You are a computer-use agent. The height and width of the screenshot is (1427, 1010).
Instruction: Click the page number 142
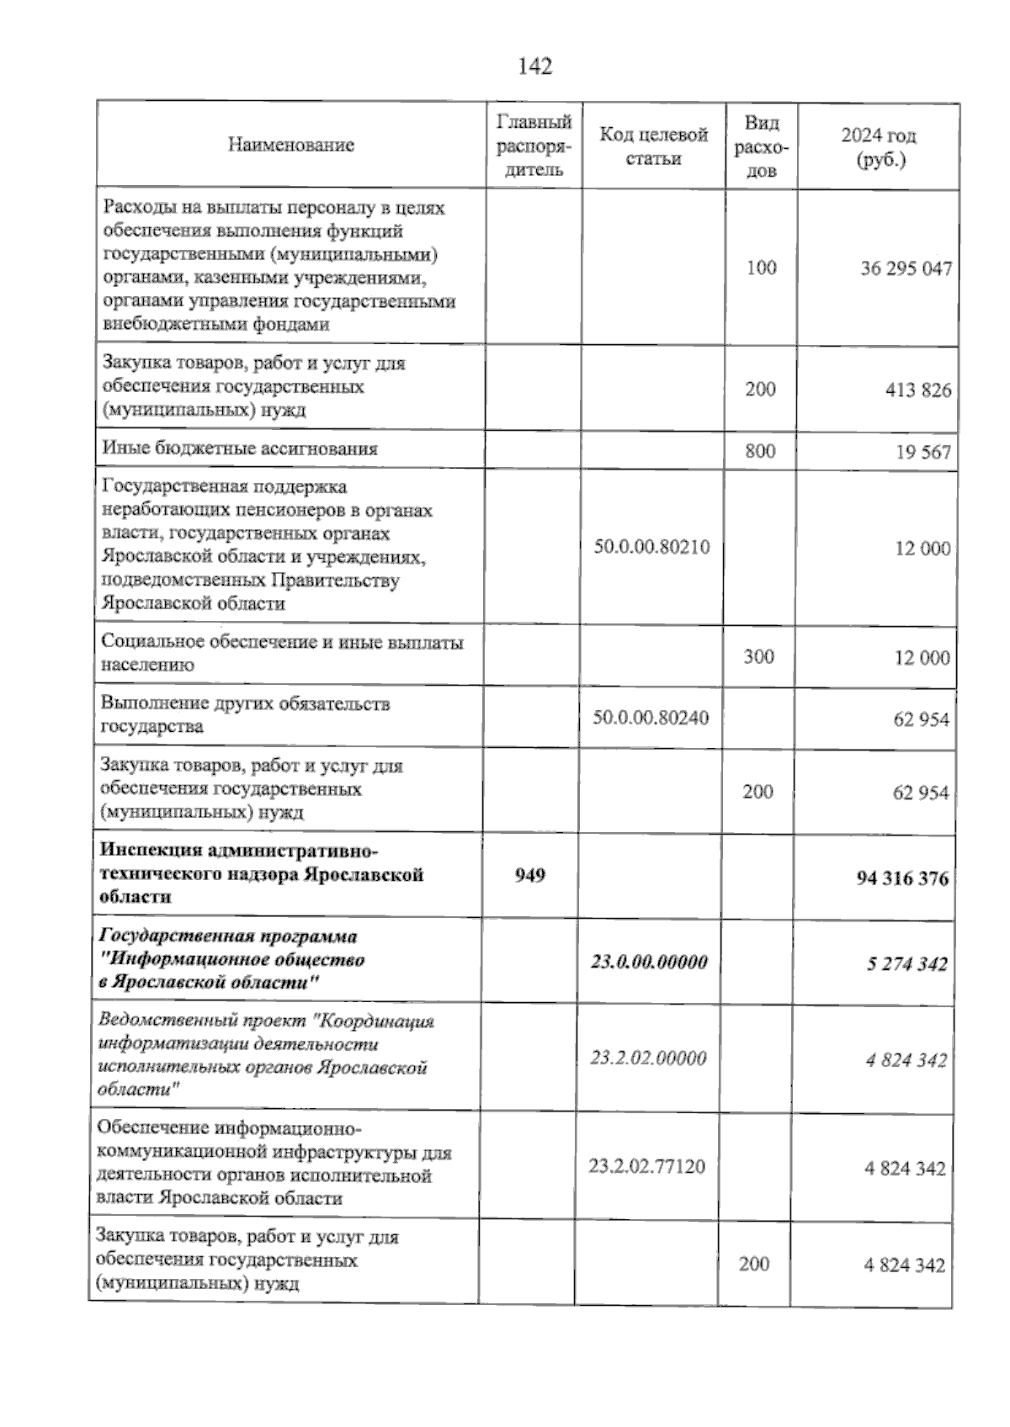(x=535, y=66)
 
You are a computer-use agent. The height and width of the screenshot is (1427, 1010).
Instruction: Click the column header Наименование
(x=290, y=145)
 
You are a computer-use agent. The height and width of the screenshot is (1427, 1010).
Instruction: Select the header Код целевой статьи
(x=653, y=146)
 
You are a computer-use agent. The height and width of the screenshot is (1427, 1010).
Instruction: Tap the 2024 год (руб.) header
(x=879, y=147)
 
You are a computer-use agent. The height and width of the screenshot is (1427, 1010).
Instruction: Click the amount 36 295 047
(x=906, y=269)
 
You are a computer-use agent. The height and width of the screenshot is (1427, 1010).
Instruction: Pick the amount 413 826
(x=917, y=390)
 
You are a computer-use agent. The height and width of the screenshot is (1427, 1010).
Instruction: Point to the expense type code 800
(x=760, y=451)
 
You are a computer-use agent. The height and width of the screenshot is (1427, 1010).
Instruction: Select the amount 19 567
(x=922, y=453)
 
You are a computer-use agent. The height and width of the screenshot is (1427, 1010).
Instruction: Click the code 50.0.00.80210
(x=651, y=547)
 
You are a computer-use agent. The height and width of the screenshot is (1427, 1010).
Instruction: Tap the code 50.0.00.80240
(x=651, y=718)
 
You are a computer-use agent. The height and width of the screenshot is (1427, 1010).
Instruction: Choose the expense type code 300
(x=758, y=656)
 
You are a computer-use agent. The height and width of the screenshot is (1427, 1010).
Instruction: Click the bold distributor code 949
(x=530, y=875)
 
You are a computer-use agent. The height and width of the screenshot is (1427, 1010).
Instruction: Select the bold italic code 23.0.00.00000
(x=649, y=962)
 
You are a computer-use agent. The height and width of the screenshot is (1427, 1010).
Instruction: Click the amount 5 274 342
(x=906, y=964)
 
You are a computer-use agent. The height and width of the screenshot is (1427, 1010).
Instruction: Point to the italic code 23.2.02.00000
(x=648, y=1058)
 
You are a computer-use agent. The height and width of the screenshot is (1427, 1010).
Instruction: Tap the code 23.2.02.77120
(x=646, y=1166)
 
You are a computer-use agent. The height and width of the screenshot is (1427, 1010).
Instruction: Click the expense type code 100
(x=761, y=268)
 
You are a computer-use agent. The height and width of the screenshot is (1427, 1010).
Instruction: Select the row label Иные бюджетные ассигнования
(x=239, y=448)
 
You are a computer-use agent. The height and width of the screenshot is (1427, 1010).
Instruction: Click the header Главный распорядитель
(x=534, y=146)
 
